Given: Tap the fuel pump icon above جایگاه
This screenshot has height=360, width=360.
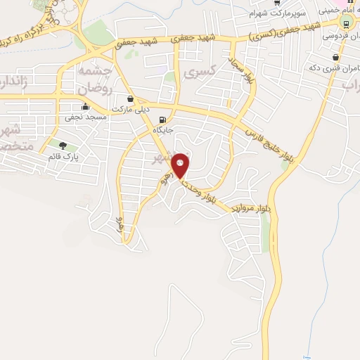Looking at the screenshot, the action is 163,120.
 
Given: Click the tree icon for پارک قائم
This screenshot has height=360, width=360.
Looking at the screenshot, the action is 63,146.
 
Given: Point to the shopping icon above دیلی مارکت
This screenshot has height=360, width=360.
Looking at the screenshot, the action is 129,99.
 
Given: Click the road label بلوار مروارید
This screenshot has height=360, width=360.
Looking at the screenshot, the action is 247,210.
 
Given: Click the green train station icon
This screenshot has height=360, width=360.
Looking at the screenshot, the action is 346,22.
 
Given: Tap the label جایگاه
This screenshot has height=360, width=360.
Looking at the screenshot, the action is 163,130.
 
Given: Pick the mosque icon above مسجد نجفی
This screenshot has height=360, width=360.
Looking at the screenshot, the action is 86,107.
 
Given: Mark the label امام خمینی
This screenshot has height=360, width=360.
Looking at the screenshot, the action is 337,11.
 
